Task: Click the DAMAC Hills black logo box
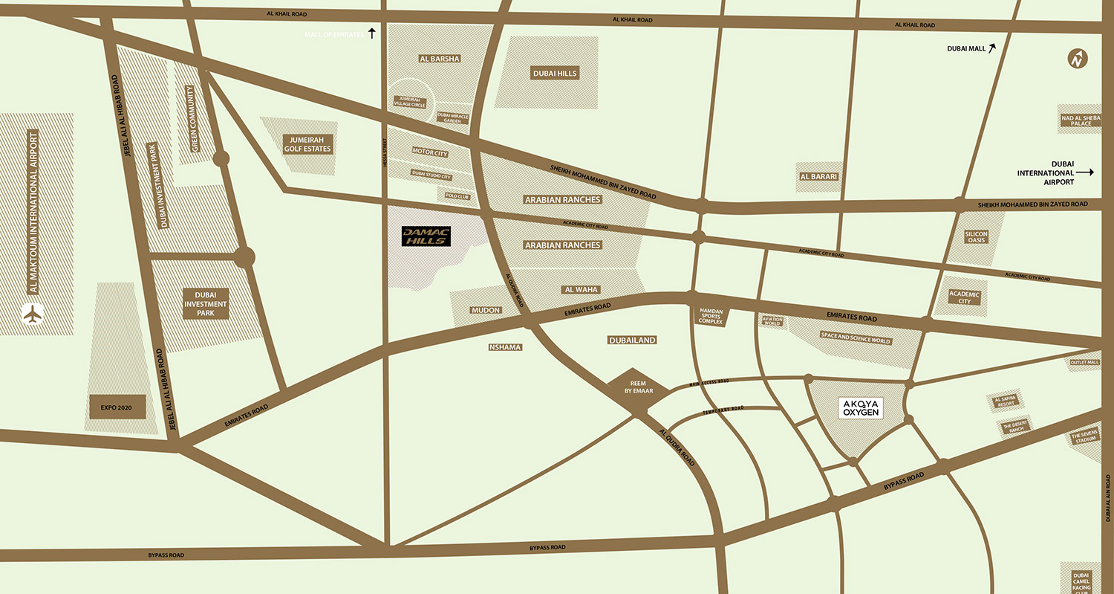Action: pyautogui.click(x=426, y=236)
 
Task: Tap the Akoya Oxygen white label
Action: pyautogui.click(x=860, y=408)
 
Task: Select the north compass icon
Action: pyautogui.click(x=1077, y=59)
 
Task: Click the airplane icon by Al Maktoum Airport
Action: pyautogui.click(x=33, y=314)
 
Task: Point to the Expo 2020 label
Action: pyautogui.click(x=117, y=407)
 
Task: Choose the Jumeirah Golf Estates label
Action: pyautogui.click(x=306, y=144)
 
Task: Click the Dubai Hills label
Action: pyautogui.click(x=554, y=74)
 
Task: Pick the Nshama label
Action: pyautogui.click(x=505, y=347)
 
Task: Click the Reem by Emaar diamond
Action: pyautogui.click(x=629, y=387)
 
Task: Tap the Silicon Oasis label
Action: pyautogui.click(x=976, y=237)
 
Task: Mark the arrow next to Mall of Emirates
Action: pyautogui.click(x=372, y=33)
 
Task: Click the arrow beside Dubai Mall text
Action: pyautogui.click(x=991, y=48)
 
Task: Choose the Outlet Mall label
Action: pyautogui.click(x=1084, y=363)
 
